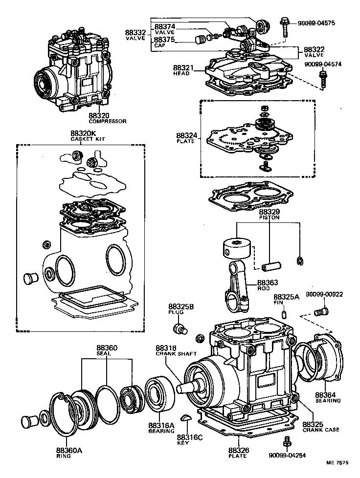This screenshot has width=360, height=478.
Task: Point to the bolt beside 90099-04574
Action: tap(322, 78)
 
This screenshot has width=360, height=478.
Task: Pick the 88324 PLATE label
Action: tap(185, 137)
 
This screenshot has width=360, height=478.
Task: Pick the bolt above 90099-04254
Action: tap(288, 441)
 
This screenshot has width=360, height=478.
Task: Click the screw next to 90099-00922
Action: tap(321, 311)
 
